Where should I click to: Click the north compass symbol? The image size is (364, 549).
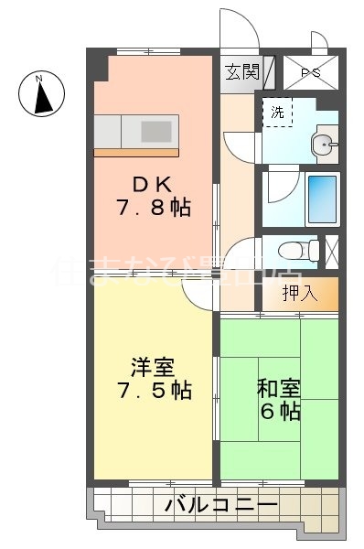point(42,94)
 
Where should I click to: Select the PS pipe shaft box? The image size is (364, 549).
point(310,70)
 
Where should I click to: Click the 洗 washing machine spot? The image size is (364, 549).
point(276,113)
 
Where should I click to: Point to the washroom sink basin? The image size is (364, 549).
point(322,144)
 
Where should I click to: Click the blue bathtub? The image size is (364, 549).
point(322,195)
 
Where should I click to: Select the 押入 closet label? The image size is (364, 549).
point(299,294)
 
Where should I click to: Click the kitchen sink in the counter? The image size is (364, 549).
point(157,130)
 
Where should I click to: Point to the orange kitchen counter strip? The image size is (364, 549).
point(137,151)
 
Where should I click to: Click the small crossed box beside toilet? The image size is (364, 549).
point(332,250)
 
